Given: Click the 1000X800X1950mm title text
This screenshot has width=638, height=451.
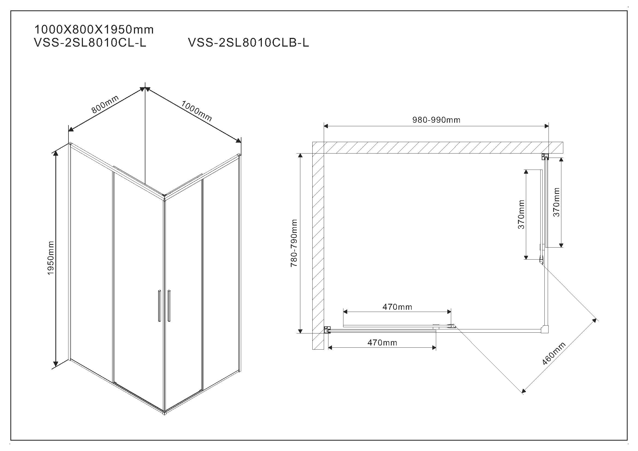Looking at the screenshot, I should [x=94, y=30].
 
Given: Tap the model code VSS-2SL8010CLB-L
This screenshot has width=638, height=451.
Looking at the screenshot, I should [x=248, y=43].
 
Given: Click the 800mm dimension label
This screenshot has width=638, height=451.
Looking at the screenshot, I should [x=105, y=104].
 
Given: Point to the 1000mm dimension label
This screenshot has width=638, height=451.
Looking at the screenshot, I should [x=196, y=111].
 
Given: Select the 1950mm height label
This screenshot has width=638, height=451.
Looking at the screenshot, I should [x=50, y=258].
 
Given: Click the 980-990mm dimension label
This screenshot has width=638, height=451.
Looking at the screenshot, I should [x=436, y=120].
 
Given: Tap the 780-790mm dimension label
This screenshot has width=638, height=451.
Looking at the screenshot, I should [x=294, y=243].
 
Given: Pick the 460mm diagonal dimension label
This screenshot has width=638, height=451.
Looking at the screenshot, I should [x=553, y=354].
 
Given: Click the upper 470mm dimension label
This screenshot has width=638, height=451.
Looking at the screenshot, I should [x=397, y=307].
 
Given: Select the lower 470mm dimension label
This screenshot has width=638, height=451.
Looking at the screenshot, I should [x=382, y=343].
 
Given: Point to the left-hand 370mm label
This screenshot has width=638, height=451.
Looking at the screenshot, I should [x=521, y=214].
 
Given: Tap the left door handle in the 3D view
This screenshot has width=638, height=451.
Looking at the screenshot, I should [x=159, y=306].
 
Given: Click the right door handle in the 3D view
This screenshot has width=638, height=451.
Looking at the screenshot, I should [x=169, y=306].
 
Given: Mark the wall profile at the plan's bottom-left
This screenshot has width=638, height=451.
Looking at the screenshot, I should [x=328, y=330].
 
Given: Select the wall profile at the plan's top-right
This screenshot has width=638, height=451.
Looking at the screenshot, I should [x=545, y=157].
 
